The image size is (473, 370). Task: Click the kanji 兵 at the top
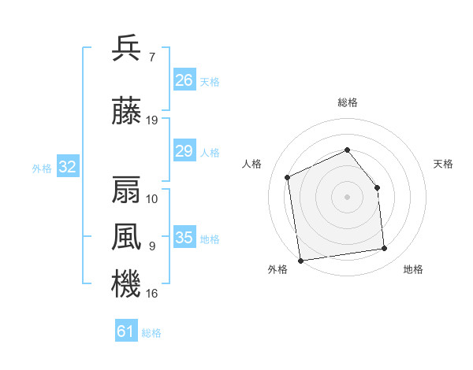click(126, 48)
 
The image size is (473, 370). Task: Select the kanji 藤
click(126, 110)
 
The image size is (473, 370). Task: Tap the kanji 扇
click(126, 190)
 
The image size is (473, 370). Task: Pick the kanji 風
click(126, 237)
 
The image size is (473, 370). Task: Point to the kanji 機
click(126, 283)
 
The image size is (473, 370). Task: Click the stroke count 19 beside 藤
click(151, 120)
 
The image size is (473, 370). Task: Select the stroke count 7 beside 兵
click(152, 57)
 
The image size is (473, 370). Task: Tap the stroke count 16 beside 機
click(151, 294)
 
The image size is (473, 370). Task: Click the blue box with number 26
click(184, 80)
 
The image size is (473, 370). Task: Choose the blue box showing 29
click(184, 150)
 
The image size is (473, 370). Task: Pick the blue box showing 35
click(184, 236)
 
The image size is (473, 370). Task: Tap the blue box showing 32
click(68, 166)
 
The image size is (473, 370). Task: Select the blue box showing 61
click(126, 330)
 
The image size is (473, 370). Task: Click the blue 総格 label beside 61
click(151, 333)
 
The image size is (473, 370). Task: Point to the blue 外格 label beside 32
click(42, 168)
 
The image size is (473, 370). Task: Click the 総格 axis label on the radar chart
click(348, 102)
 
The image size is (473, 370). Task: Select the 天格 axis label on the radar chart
click(443, 164)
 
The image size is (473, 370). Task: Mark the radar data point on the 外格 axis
click(301, 261)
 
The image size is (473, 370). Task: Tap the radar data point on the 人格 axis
click(288, 177)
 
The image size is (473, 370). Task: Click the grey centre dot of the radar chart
click(347, 197)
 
